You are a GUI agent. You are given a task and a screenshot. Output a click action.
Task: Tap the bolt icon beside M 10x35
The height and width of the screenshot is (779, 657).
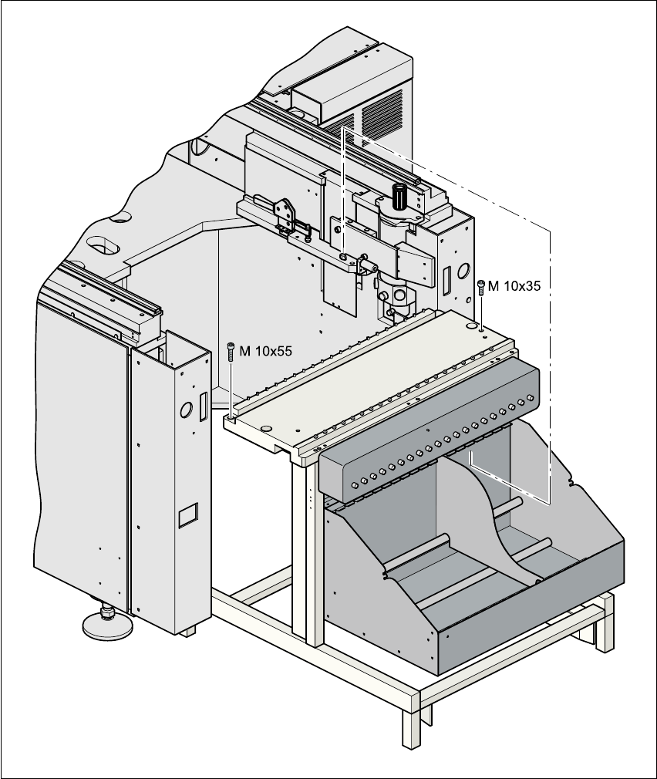tap(481, 286)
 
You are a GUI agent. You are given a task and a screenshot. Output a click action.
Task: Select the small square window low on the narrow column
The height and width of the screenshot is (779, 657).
tap(188, 514)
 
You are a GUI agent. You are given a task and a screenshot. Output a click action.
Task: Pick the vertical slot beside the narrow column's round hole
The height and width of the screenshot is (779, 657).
tap(202, 406)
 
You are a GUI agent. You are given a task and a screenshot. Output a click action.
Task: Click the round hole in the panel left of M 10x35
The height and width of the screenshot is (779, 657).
tap(463, 271)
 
